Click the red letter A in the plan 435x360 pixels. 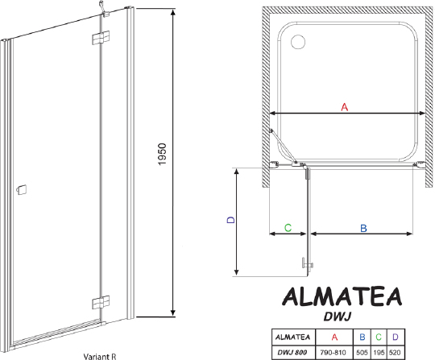(x=343, y=107)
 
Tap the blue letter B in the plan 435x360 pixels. (x=362, y=229)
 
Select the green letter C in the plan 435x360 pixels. (x=288, y=229)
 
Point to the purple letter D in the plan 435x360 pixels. (x=230, y=220)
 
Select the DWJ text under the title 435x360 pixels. (x=343, y=318)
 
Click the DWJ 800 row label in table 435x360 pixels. (x=292, y=352)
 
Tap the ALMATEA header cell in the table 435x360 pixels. (x=292, y=337)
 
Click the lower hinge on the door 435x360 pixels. (x=99, y=302)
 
